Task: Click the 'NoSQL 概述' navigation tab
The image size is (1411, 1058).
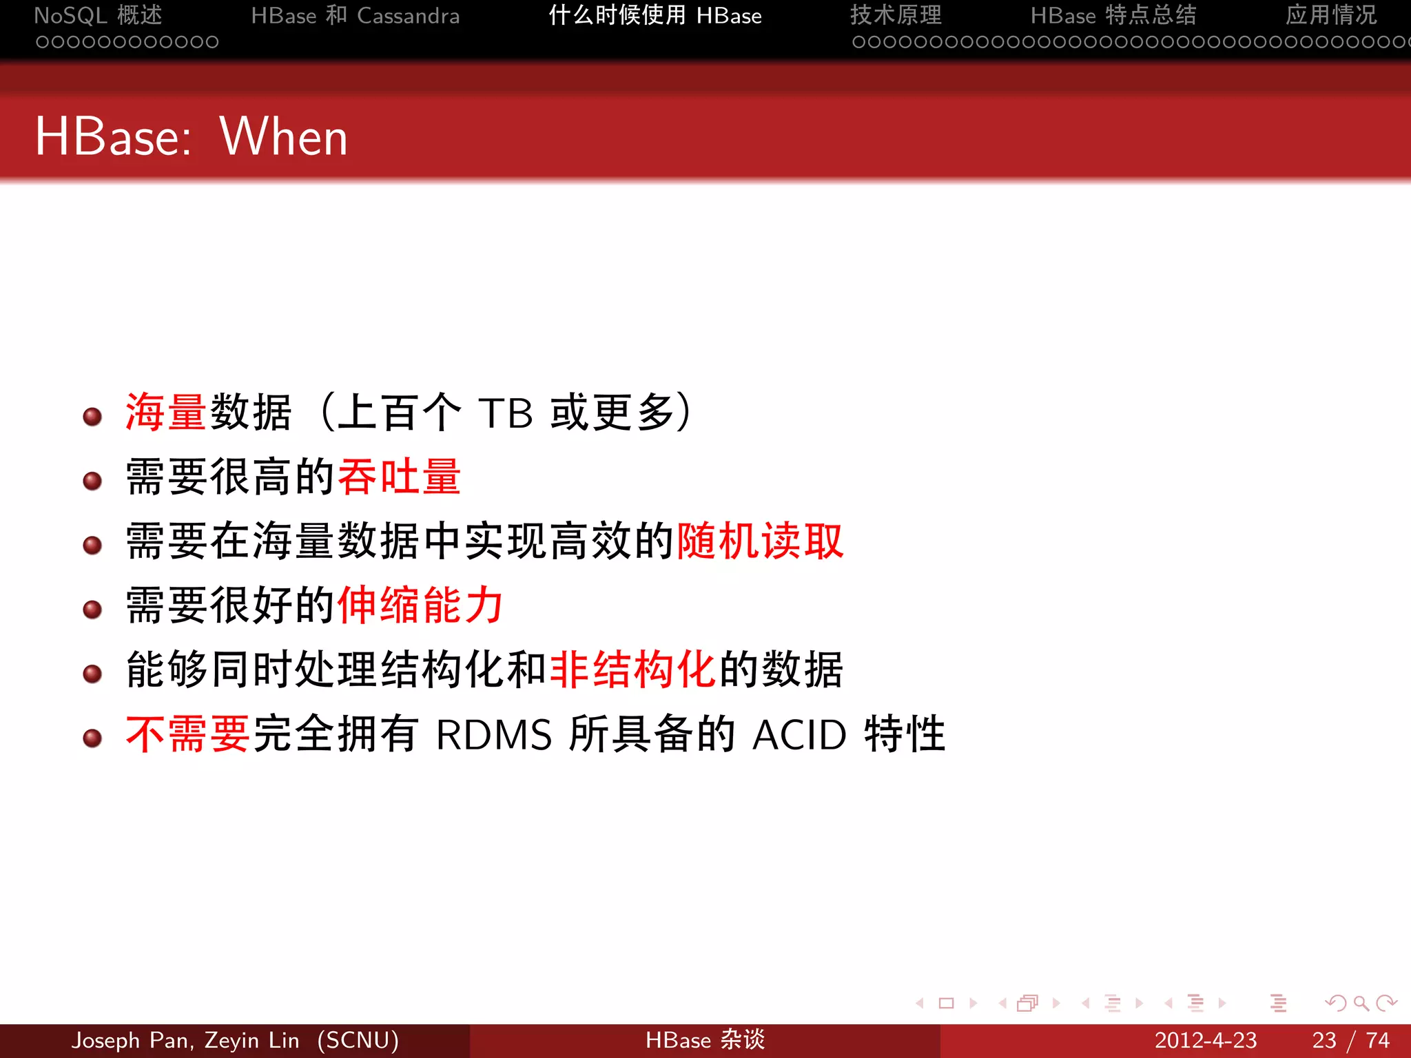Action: [98, 15]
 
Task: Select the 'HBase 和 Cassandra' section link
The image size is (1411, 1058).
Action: [355, 15]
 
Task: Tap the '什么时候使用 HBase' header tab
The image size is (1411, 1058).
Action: [655, 15]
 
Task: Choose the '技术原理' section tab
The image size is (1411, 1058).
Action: [896, 15]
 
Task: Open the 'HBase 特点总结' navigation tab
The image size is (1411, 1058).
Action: [1113, 15]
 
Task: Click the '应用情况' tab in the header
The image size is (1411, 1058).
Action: [1330, 15]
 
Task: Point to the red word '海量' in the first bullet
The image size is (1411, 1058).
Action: [166, 412]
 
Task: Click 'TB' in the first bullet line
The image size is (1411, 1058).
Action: [506, 413]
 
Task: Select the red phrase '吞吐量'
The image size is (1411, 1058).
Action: [399, 477]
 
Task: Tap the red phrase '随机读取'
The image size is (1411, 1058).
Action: [760, 541]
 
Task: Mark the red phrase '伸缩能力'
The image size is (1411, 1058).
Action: [420, 605]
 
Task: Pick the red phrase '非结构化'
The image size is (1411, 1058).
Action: [632, 669]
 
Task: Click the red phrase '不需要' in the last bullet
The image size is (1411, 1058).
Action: [187, 734]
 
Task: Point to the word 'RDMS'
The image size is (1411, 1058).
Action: [493, 735]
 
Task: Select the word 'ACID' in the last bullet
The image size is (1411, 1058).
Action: [799, 735]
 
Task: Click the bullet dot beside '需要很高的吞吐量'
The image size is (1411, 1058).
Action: [92, 481]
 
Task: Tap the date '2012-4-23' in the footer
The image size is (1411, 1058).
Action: [1205, 1040]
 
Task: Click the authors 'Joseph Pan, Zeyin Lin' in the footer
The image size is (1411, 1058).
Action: [185, 1040]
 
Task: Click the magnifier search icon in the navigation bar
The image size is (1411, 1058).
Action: [1361, 1003]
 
